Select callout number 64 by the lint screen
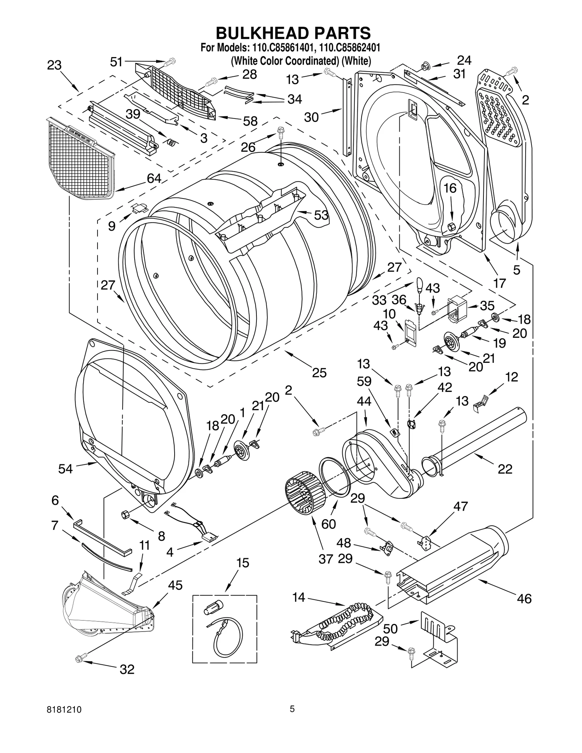[x=154, y=179]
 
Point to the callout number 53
[x=321, y=215]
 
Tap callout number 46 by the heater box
[x=524, y=598]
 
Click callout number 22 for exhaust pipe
[x=505, y=469]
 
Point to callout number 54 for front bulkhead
[x=65, y=469]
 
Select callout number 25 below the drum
[x=319, y=373]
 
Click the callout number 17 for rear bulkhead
[x=499, y=283]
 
